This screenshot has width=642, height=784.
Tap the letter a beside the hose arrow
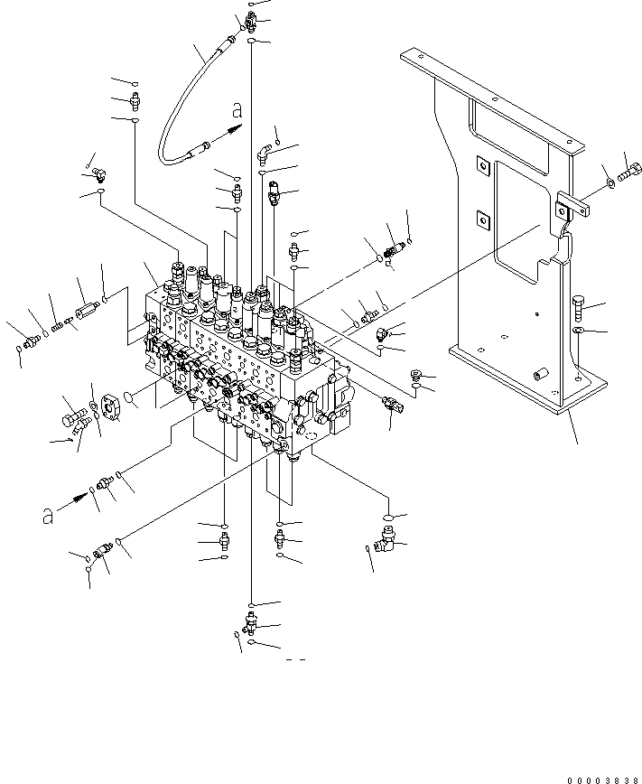click(237, 111)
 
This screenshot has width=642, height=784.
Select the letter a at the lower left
click(45, 516)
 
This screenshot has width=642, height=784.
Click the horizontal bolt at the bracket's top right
click(629, 171)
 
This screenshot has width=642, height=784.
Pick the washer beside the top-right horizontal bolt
click(611, 185)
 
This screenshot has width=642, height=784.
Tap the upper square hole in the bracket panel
click(482, 165)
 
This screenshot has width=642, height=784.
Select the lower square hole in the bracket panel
click(482, 217)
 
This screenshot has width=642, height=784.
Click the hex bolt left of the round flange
click(72, 418)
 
